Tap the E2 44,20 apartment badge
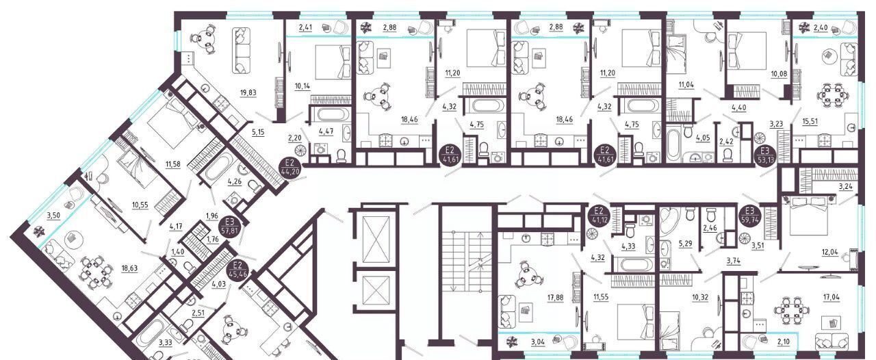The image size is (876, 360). pyautogui.click(x=289, y=168)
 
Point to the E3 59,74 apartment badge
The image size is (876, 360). pyautogui.click(x=749, y=215)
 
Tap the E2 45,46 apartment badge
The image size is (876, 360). pyautogui.click(x=240, y=270)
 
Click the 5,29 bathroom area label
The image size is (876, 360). pyautogui.click(x=685, y=244)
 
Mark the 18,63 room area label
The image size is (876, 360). pyautogui.click(x=129, y=268)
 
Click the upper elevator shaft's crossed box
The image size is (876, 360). pyautogui.click(x=376, y=239)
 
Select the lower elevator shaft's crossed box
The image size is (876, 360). pyautogui.click(x=376, y=290)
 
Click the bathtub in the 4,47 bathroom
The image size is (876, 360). pyautogui.click(x=331, y=115)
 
